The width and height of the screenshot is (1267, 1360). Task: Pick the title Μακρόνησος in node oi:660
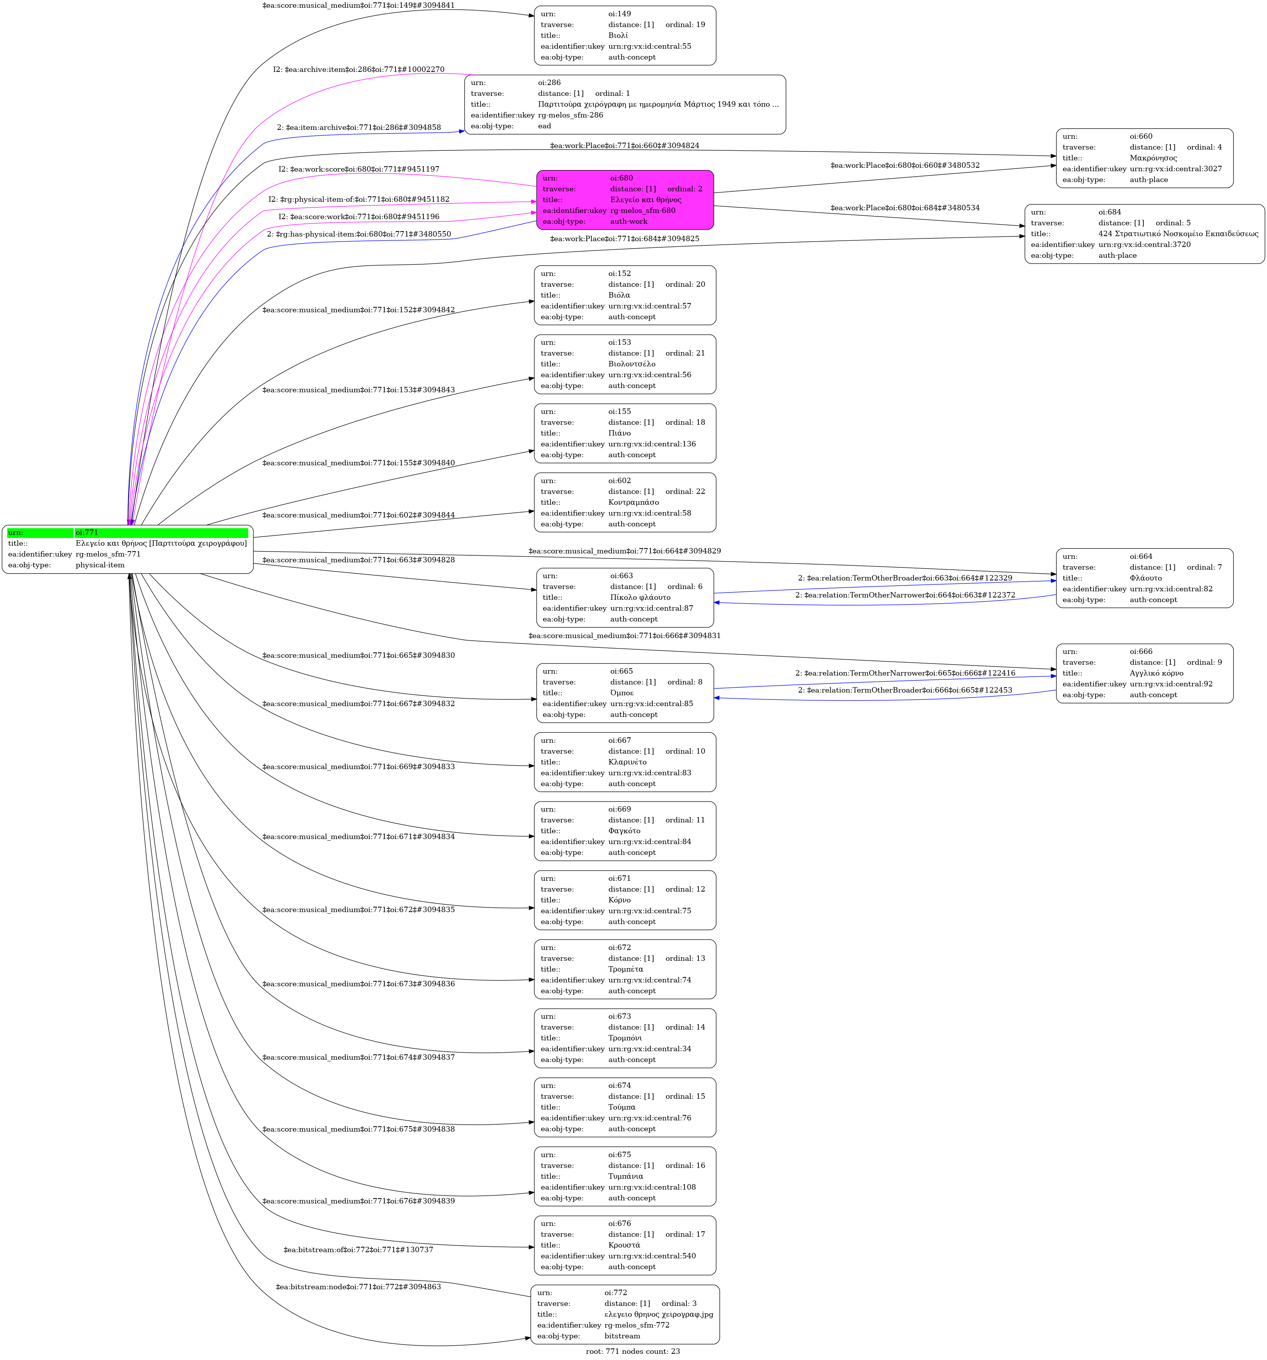click(1153, 158)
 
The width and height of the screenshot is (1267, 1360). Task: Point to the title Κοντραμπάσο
click(633, 502)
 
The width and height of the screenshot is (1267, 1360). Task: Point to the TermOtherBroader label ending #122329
click(905, 578)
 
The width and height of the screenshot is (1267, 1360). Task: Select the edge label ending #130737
click(358, 1250)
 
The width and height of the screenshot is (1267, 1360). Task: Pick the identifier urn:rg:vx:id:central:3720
click(1144, 244)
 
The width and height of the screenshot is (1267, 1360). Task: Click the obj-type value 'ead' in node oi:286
click(544, 126)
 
